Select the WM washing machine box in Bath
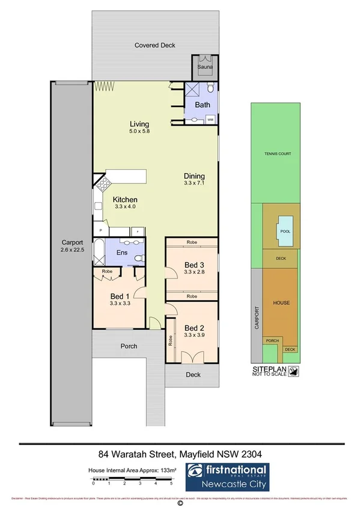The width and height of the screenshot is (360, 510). click(x=210, y=120)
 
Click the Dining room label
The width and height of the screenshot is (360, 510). click(x=194, y=177)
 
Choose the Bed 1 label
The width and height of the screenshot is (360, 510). click(x=120, y=296)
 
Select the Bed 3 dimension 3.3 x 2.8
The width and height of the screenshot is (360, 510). click(x=195, y=271)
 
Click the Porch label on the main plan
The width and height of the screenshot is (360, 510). click(x=129, y=346)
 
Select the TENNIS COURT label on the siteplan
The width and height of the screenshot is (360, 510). click(x=277, y=154)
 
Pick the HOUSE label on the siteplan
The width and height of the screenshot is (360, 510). click(x=281, y=302)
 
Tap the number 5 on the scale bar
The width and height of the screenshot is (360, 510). click(x=171, y=483)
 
